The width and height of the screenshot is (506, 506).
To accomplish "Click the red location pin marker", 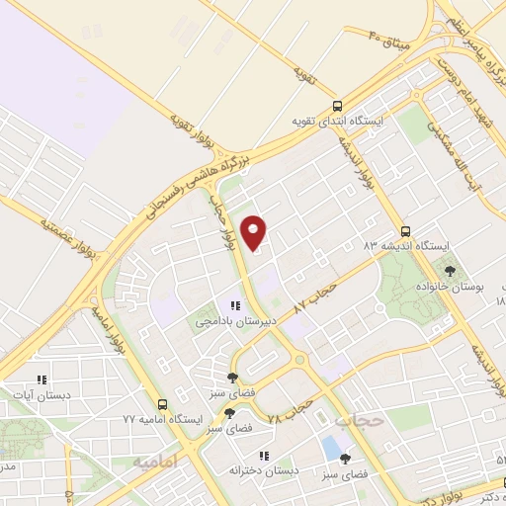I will [256, 232].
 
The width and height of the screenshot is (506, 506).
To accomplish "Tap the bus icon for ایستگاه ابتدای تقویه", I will [338, 106].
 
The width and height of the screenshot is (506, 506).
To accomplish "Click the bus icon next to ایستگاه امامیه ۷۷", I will [163, 404].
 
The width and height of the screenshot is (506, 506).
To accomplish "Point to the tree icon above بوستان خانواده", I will [451, 270].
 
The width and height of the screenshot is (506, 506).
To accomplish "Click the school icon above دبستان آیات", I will [42, 379].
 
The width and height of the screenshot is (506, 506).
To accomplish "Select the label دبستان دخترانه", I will [259, 471].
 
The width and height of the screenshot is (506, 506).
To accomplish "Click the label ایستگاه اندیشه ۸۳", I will [406, 244].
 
